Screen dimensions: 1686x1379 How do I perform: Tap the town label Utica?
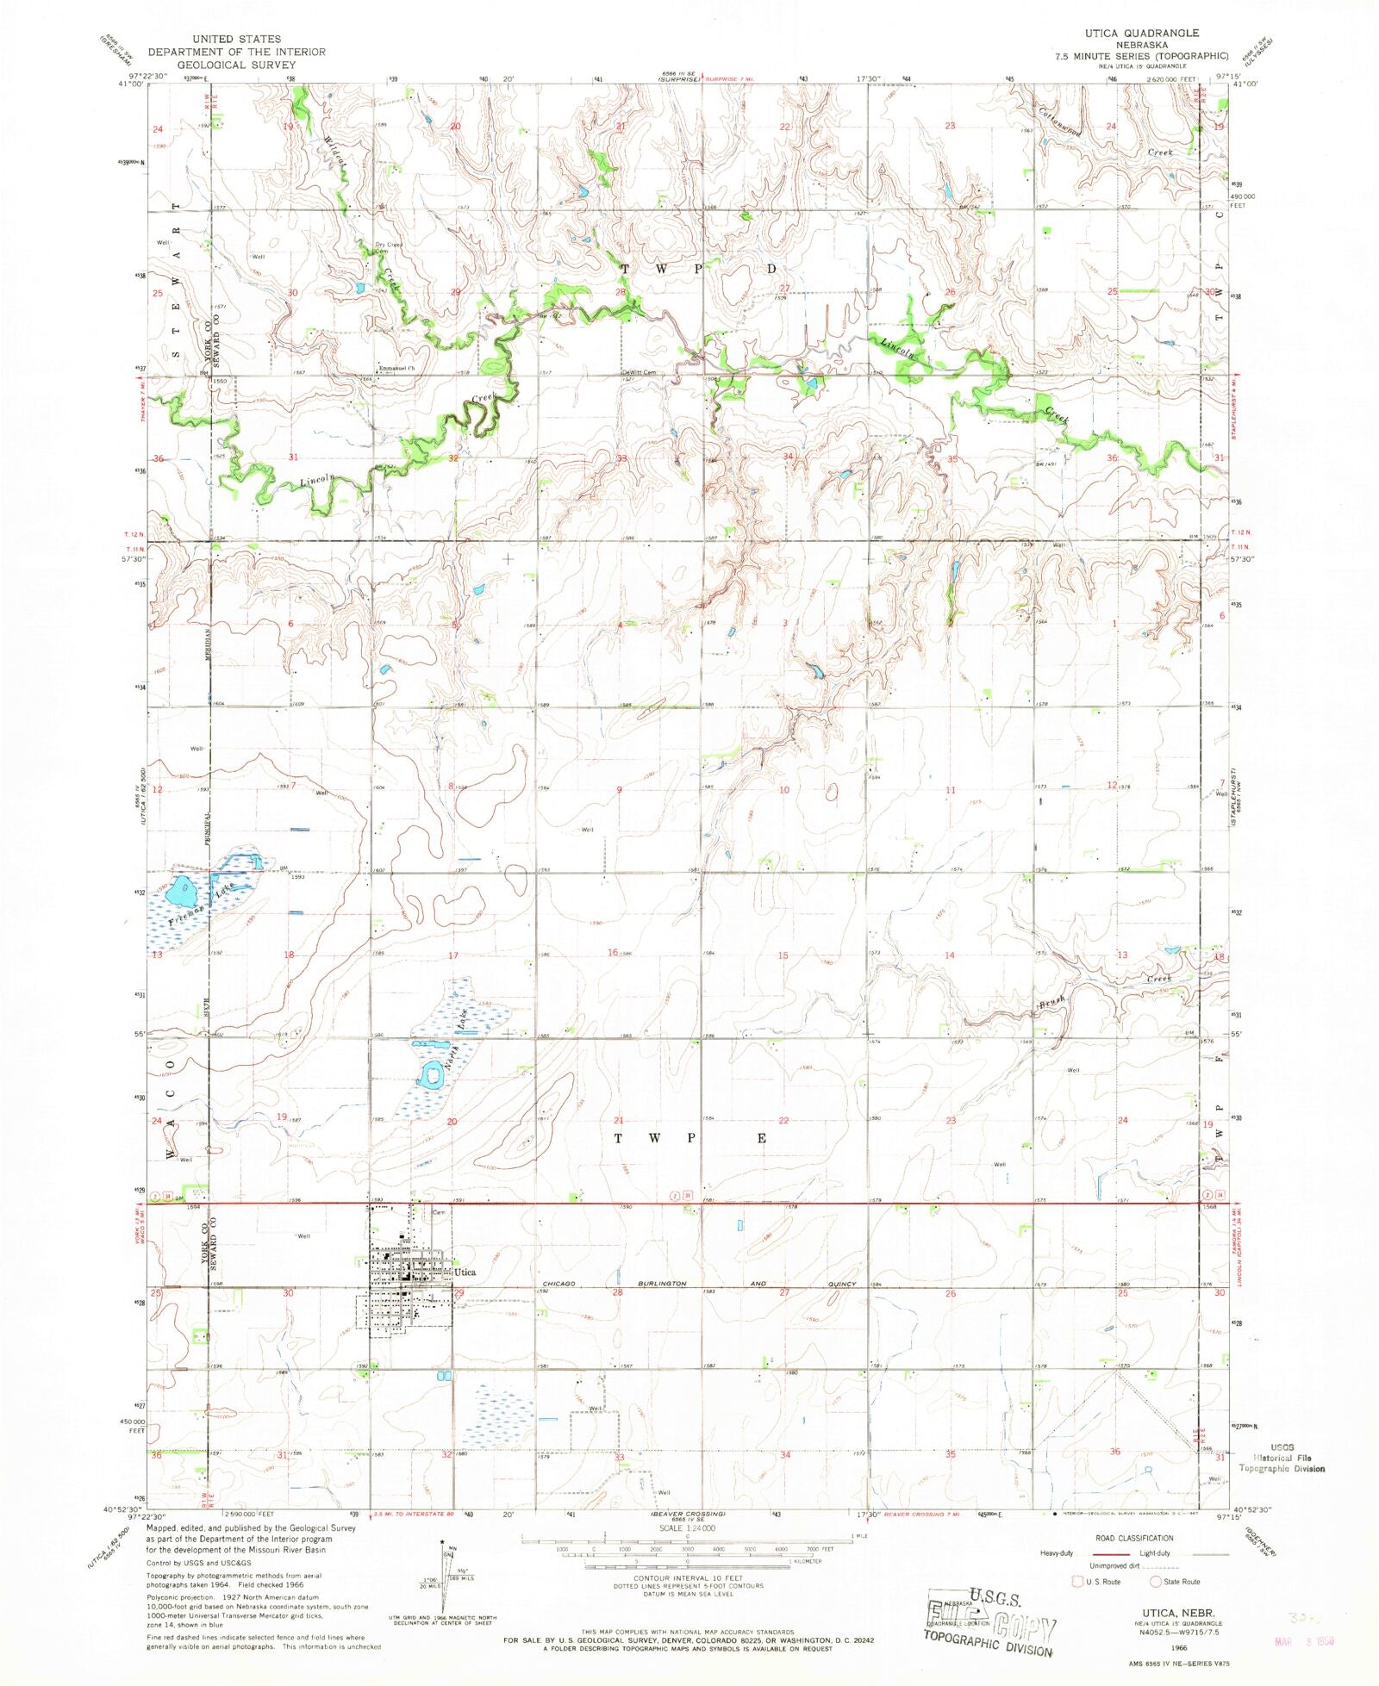tap(465, 1272)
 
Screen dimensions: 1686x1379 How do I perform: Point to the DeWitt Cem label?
tap(639, 373)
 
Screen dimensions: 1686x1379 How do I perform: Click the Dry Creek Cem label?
tap(388, 247)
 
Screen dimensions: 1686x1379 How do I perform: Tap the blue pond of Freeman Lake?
tap(180, 889)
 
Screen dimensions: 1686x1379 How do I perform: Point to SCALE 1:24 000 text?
tap(687, 1527)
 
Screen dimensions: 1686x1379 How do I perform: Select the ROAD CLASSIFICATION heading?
tap(1133, 1538)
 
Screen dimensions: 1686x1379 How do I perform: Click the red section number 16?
tap(613, 952)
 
